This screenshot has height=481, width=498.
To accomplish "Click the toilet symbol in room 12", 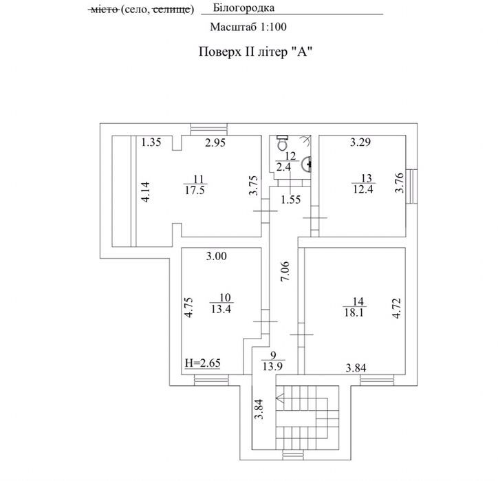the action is pos(282,142).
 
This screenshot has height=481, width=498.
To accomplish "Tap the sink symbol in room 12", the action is pos(307,164).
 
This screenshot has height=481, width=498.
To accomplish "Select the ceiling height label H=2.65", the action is pos(203,363).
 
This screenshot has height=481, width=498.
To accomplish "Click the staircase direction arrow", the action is pos(281,398).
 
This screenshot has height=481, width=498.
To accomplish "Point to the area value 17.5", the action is pos(195,191).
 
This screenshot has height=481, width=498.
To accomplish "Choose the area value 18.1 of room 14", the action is pos(354,312).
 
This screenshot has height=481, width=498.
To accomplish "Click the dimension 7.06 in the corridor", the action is pos(285,271).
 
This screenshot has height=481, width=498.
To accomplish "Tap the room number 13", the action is pos(366,178).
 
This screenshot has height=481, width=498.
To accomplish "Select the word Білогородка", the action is pos(243,8).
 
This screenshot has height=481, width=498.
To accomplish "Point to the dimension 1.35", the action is pos(151,142).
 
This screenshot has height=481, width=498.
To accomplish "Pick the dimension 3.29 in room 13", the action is pos(360,142).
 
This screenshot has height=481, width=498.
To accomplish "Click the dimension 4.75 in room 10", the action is pos(189,307).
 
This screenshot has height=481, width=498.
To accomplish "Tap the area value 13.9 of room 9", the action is pos(272,367).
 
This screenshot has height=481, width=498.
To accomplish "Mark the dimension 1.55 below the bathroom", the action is pos(290,200).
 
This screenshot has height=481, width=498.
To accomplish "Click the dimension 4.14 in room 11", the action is pos(146,192).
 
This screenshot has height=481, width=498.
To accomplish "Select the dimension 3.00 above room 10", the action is pos(217,256).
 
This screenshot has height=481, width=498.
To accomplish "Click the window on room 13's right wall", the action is pos(411,186).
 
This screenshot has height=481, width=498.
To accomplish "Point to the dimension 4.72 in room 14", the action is pos(397,308).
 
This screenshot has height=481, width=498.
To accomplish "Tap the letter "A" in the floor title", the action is pos(302,51).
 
